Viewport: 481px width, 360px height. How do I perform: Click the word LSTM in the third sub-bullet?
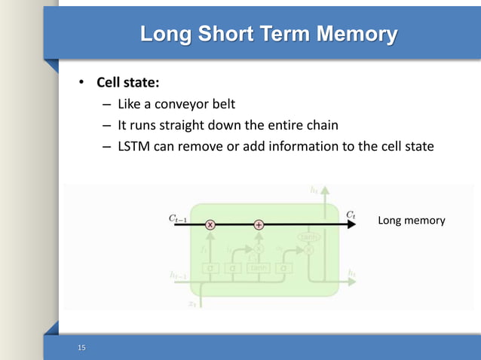134,146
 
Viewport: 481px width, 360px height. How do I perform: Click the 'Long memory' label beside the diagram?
411,221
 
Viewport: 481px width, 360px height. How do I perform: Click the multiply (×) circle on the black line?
210,224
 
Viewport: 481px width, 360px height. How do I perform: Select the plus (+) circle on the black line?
259,224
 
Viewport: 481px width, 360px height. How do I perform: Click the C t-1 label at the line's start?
178,218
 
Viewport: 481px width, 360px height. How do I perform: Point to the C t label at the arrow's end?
351,215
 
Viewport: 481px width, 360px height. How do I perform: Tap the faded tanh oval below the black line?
308,236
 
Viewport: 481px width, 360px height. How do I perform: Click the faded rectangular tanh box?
258,267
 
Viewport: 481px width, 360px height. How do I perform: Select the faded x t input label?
192,304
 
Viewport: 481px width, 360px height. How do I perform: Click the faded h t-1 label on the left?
178,276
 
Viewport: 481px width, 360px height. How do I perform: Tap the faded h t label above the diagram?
314,191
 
